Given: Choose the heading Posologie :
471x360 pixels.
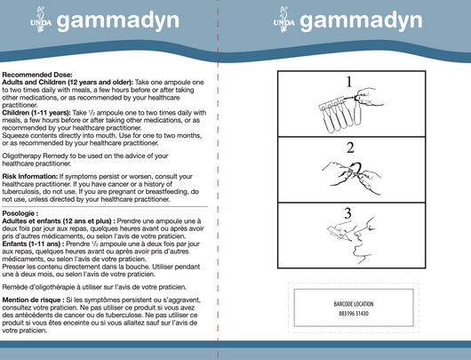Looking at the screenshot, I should pos(21,214).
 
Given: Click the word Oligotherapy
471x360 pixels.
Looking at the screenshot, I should pos(24,157).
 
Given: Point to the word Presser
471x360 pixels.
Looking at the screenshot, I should pos(16,265).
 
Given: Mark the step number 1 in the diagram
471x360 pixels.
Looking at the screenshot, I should pos(349,83).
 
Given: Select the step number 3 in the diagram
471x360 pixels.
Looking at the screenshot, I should pos(349,212).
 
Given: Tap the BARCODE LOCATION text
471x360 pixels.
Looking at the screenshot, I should pos(352,303).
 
